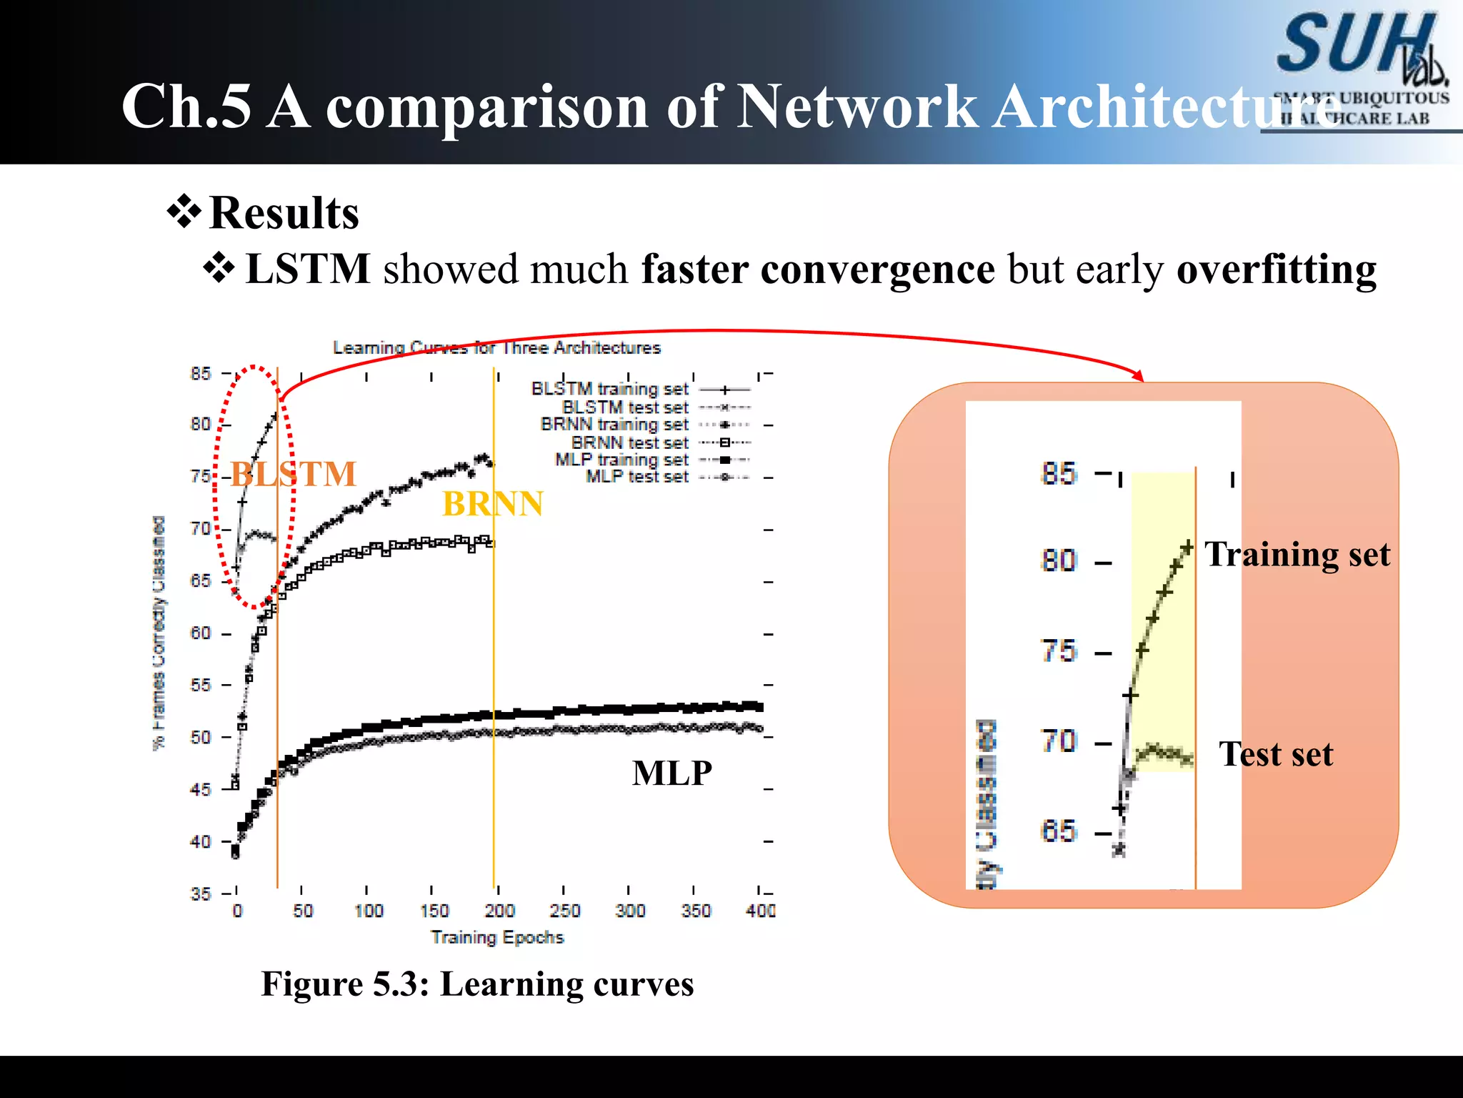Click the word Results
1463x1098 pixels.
point(284,213)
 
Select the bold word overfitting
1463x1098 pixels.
point(1277,269)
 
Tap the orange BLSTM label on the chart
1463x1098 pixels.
point(293,474)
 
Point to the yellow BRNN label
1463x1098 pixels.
point(493,504)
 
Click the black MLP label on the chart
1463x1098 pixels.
point(671,773)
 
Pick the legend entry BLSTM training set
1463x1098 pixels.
point(609,389)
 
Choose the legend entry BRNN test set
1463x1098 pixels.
point(629,442)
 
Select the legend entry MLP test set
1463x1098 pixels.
point(636,477)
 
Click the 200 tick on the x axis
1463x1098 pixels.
point(499,911)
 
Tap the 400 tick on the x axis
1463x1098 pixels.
point(761,911)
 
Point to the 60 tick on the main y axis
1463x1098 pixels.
point(201,633)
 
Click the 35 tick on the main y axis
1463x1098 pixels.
point(201,894)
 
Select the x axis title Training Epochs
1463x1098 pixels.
point(497,937)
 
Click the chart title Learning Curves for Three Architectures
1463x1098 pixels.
point(496,348)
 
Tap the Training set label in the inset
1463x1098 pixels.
point(1297,554)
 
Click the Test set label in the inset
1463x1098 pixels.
point(1276,753)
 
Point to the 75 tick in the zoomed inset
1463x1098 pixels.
point(1058,652)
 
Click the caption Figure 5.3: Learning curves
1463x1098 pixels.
point(477,984)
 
